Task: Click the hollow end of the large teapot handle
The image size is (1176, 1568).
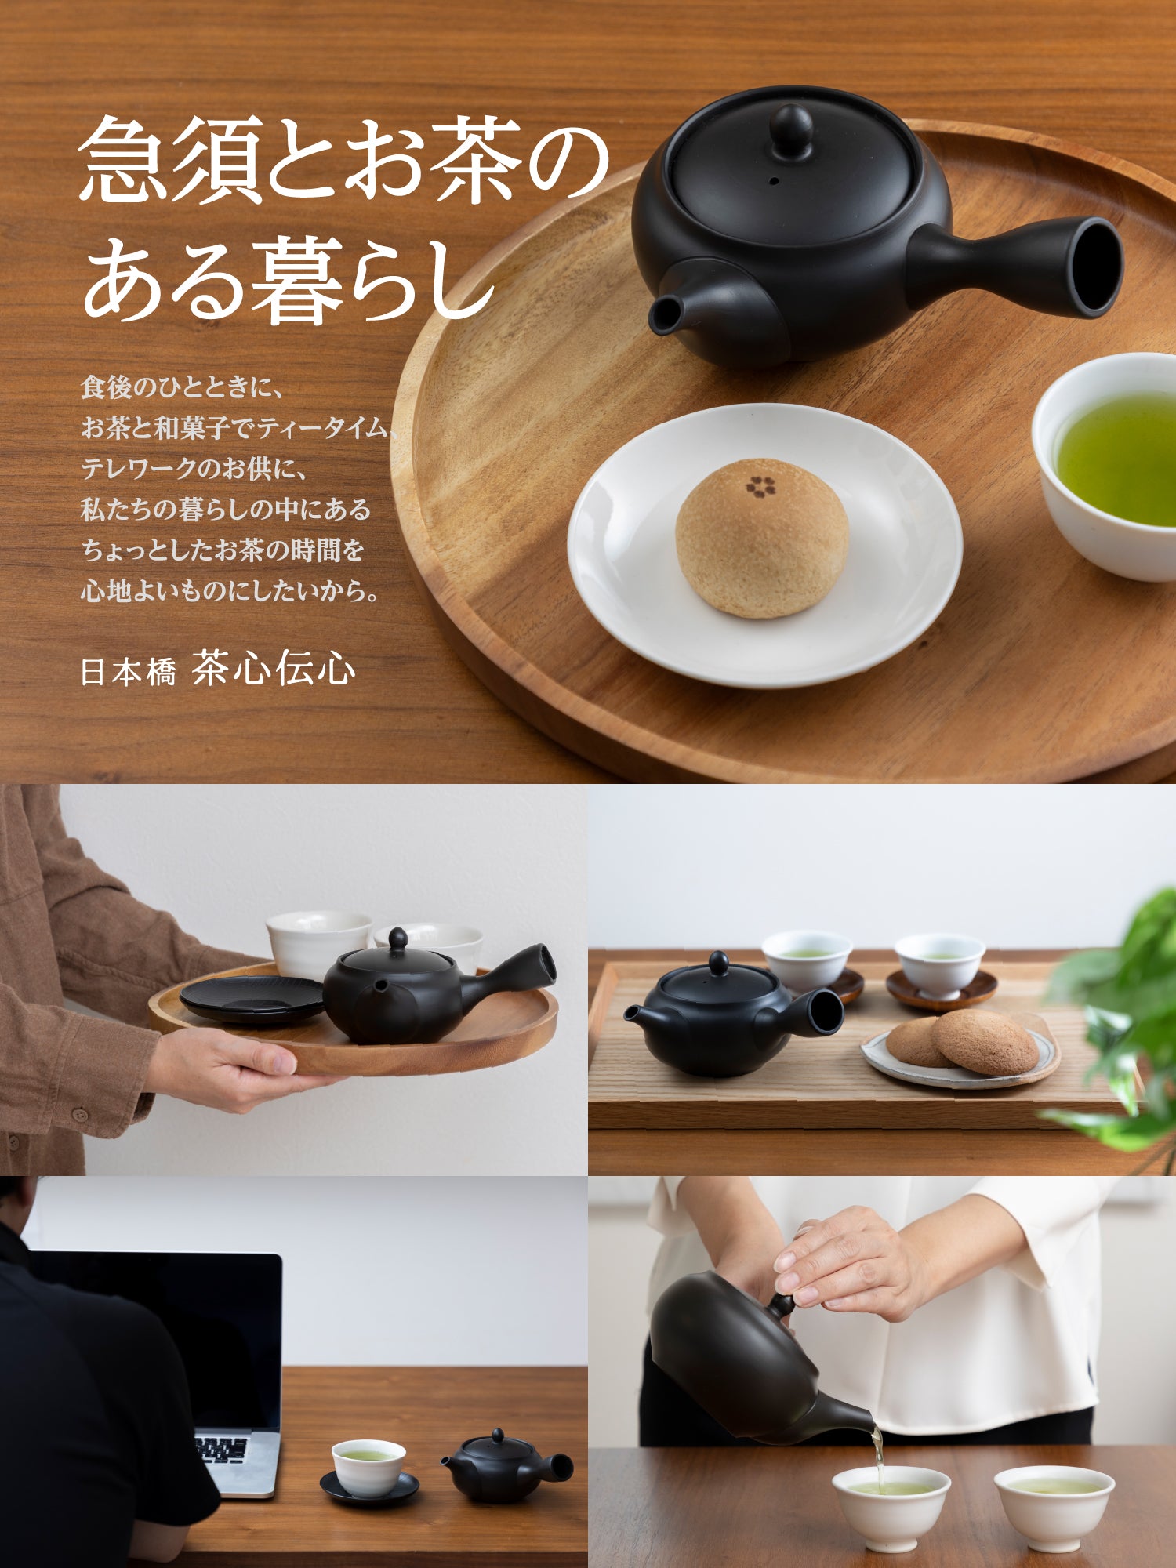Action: (1095, 267)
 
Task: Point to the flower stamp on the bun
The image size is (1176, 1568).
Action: (760, 486)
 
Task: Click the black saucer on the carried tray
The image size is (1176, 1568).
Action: (252, 998)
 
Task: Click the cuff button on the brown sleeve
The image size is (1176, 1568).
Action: (79, 1114)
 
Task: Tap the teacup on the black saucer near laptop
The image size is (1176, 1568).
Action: (368, 1467)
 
